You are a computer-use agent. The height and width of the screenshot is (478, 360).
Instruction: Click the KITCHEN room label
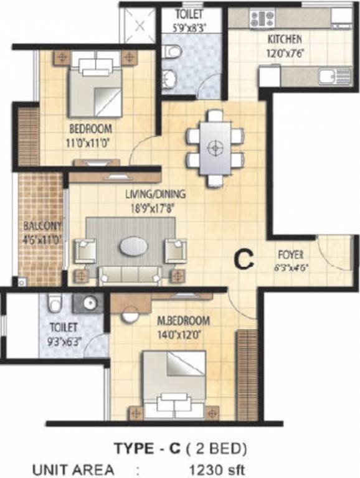[285, 39]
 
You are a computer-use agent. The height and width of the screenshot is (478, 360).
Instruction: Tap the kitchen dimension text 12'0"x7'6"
[285, 52]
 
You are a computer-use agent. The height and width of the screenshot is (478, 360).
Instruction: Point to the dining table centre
[216, 148]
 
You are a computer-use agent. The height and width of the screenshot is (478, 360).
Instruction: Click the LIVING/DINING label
[158, 193]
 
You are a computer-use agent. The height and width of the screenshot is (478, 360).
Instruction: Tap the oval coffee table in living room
[134, 244]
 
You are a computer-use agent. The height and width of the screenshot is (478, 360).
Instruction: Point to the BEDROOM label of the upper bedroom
[91, 129]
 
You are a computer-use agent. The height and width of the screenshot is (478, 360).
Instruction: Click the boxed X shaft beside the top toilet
[138, 27]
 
